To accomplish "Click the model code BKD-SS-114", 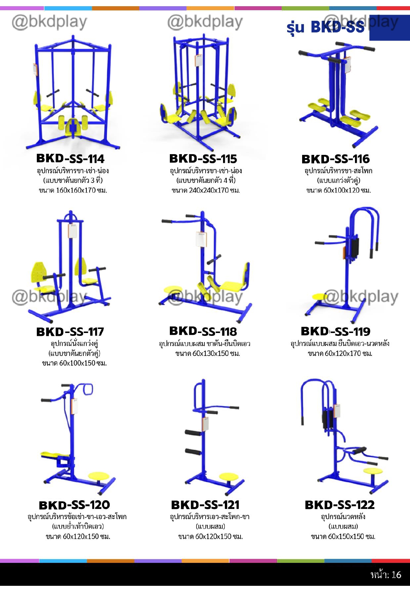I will (70, 159).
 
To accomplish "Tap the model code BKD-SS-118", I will (203, 332).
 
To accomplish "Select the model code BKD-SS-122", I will (340, 505).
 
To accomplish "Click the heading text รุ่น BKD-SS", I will (325, 27).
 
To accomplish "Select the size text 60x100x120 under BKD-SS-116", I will (339, 191).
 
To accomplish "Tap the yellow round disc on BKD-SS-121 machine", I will (229, 477).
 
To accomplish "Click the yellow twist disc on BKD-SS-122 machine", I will (373, 471).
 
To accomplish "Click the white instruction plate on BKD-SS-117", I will (73, 231).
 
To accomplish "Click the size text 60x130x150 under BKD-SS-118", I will (207, 353).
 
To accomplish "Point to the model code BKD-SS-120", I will (74, 505).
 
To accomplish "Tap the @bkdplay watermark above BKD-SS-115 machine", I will (205, 22).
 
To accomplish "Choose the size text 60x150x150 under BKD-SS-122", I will (343, 537).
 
